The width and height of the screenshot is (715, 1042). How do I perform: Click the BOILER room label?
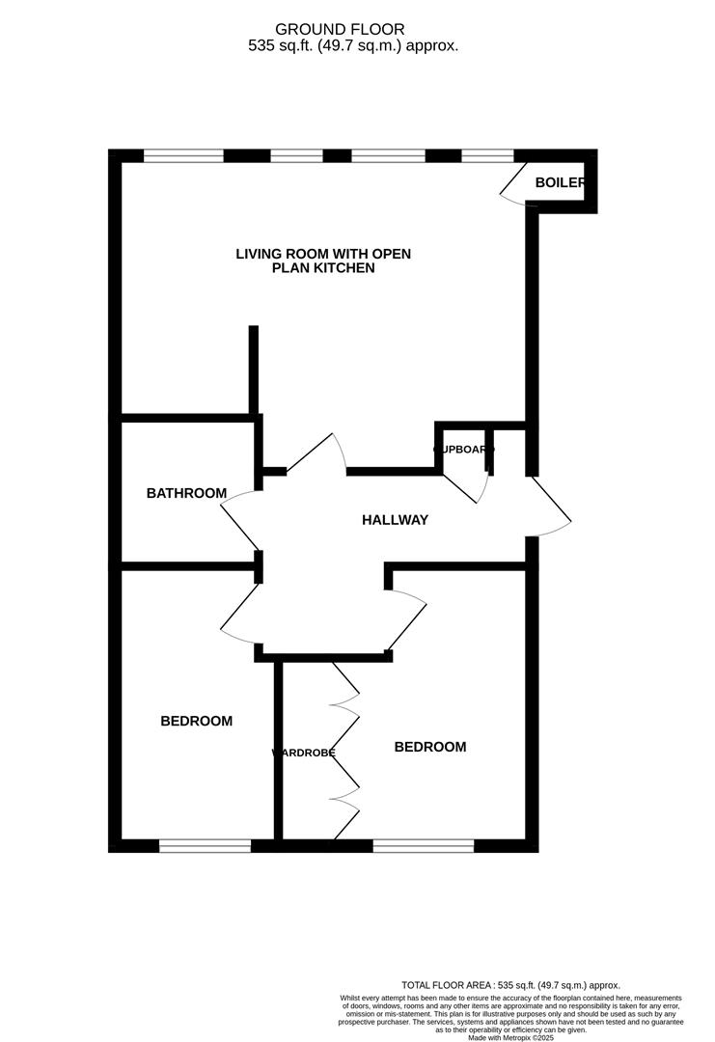561,182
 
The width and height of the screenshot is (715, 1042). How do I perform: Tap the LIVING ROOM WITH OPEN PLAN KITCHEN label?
323,260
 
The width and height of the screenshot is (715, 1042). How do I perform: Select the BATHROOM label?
186,493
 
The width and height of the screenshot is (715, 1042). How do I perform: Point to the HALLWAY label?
395,520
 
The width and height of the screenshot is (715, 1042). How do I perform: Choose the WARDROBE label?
303,753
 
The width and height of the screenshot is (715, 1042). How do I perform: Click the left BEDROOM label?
196,721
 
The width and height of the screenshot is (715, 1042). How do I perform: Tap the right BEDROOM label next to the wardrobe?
429,747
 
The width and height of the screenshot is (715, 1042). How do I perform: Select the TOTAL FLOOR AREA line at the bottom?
510,985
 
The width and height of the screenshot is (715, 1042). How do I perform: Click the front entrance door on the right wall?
550,507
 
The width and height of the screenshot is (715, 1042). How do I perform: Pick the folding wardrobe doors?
345,750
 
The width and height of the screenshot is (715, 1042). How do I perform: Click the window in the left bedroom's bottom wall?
205,846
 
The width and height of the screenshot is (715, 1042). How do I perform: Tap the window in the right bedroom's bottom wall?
423,846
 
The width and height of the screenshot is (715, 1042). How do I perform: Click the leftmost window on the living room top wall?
183,155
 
